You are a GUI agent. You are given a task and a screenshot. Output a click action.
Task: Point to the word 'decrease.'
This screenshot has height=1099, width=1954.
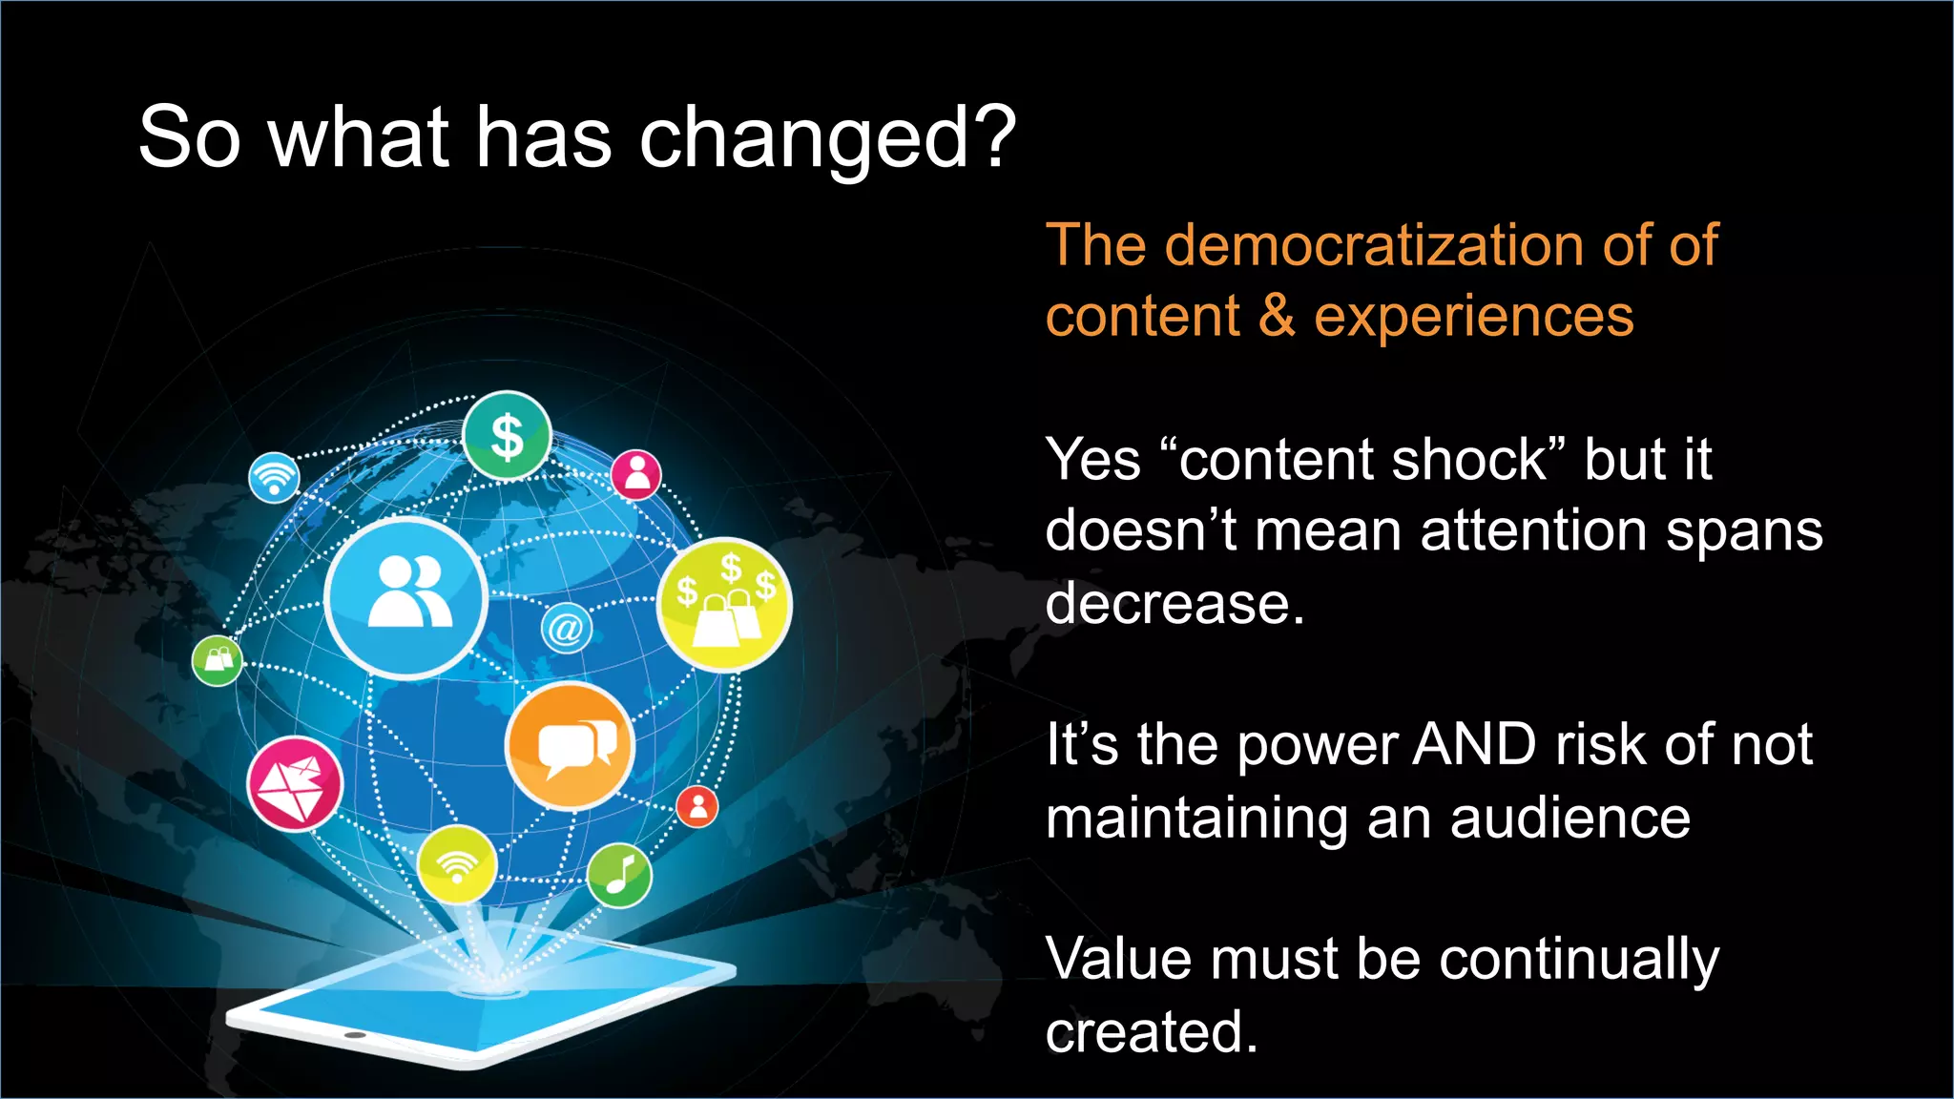click(x=1174, y=604)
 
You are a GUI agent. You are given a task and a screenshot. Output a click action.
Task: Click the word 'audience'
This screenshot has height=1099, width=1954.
click(x=1569, y=819)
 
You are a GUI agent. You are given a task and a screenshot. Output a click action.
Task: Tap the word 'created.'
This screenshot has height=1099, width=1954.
click(x=1151, y=1032)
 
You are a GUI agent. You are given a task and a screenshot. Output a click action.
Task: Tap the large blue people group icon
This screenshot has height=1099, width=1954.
click(x=406, y=598)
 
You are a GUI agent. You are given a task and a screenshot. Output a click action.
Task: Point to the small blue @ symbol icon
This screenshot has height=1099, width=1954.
click(x=566, y=630)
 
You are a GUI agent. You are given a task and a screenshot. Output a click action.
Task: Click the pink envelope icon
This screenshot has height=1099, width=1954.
click(x=295, y=784)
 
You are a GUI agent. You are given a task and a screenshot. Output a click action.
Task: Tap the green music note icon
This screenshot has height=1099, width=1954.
click(x=619, y=875)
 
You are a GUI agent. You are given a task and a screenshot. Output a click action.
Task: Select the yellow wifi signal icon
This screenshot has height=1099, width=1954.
click(x=457, y=865)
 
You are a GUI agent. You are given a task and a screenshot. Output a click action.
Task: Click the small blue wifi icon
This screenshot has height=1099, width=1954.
click(x=274, y=477)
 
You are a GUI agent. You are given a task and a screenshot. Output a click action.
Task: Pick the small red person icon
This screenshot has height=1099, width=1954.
click(x=697, y=807)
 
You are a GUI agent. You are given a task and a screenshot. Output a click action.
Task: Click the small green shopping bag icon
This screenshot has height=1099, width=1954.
click(x=218, y=660)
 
